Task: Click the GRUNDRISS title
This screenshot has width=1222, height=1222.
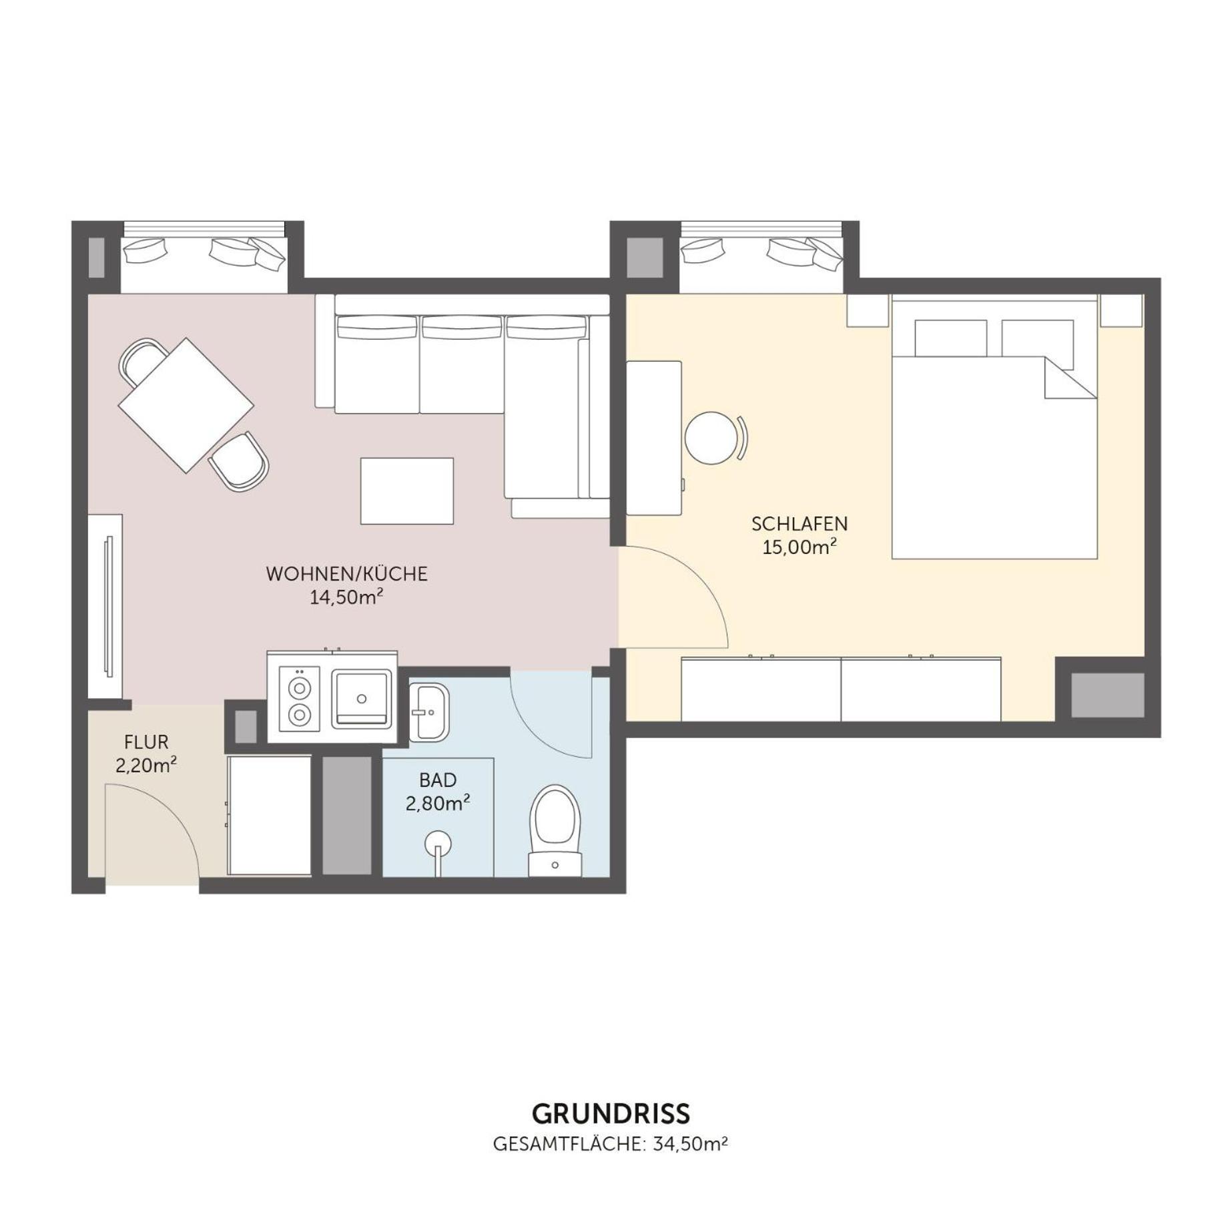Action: tap(611, 1113)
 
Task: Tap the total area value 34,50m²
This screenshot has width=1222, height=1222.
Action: tap(690, 1144)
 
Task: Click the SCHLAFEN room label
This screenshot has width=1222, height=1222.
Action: tap(800, 524)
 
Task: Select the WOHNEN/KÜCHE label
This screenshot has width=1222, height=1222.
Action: tap(346, 574)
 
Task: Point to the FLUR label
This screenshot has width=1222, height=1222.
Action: tap(146, 742)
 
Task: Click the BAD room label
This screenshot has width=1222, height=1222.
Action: tap(438, 780)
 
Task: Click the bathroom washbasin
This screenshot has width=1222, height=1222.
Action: tap(428, 712)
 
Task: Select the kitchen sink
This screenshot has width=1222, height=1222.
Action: tap(361, 699)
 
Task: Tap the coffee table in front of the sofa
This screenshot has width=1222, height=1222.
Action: tap(407, 491)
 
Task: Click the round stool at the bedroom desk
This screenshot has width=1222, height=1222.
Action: tap(711, 438)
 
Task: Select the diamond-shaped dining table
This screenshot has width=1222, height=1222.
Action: tap(186, 405)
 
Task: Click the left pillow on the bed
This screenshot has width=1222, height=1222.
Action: tap(950, 338)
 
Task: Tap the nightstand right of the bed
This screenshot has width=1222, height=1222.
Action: tap(1121, 310)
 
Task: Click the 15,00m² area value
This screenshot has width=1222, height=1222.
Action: tap(800, 547)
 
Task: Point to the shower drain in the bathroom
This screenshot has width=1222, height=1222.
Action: tap(438, 844)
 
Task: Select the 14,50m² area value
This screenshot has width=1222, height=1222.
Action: tap(346, 597)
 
